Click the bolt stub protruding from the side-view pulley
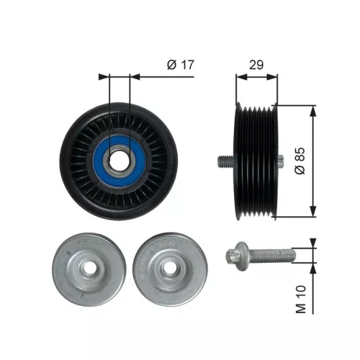coord(222,161)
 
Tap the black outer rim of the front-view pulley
coord(72,161)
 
